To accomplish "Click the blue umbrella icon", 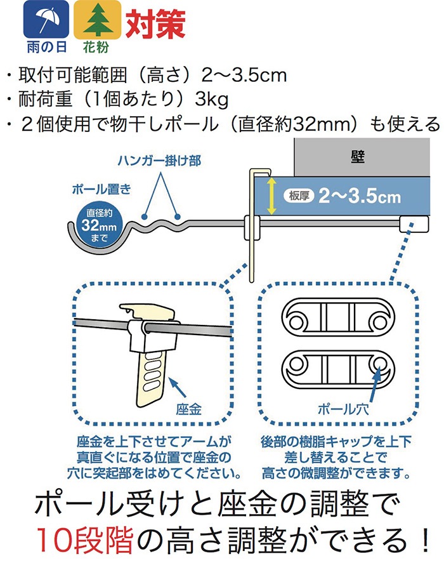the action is [x=46, y=20].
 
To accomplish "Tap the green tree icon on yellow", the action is [x=97, y=20].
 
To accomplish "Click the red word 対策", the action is [x=155, y=23].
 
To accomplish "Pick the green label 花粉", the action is [x=96, y=47].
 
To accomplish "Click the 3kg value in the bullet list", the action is [x=211, y=100].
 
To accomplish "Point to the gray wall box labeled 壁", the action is [x=362, y=157].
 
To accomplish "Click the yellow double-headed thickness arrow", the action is [x=271, y=196].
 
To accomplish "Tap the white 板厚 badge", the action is [x=299, y=195].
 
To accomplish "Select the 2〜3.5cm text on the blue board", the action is [x=360, y=196].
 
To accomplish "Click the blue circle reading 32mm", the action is [x=99, y=225].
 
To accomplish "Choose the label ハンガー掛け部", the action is [x=159, y=161].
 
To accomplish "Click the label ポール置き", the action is [x=101, y=189].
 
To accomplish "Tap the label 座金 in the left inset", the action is [x=189, y=409].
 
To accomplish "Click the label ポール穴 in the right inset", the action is [x=343, y=409].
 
